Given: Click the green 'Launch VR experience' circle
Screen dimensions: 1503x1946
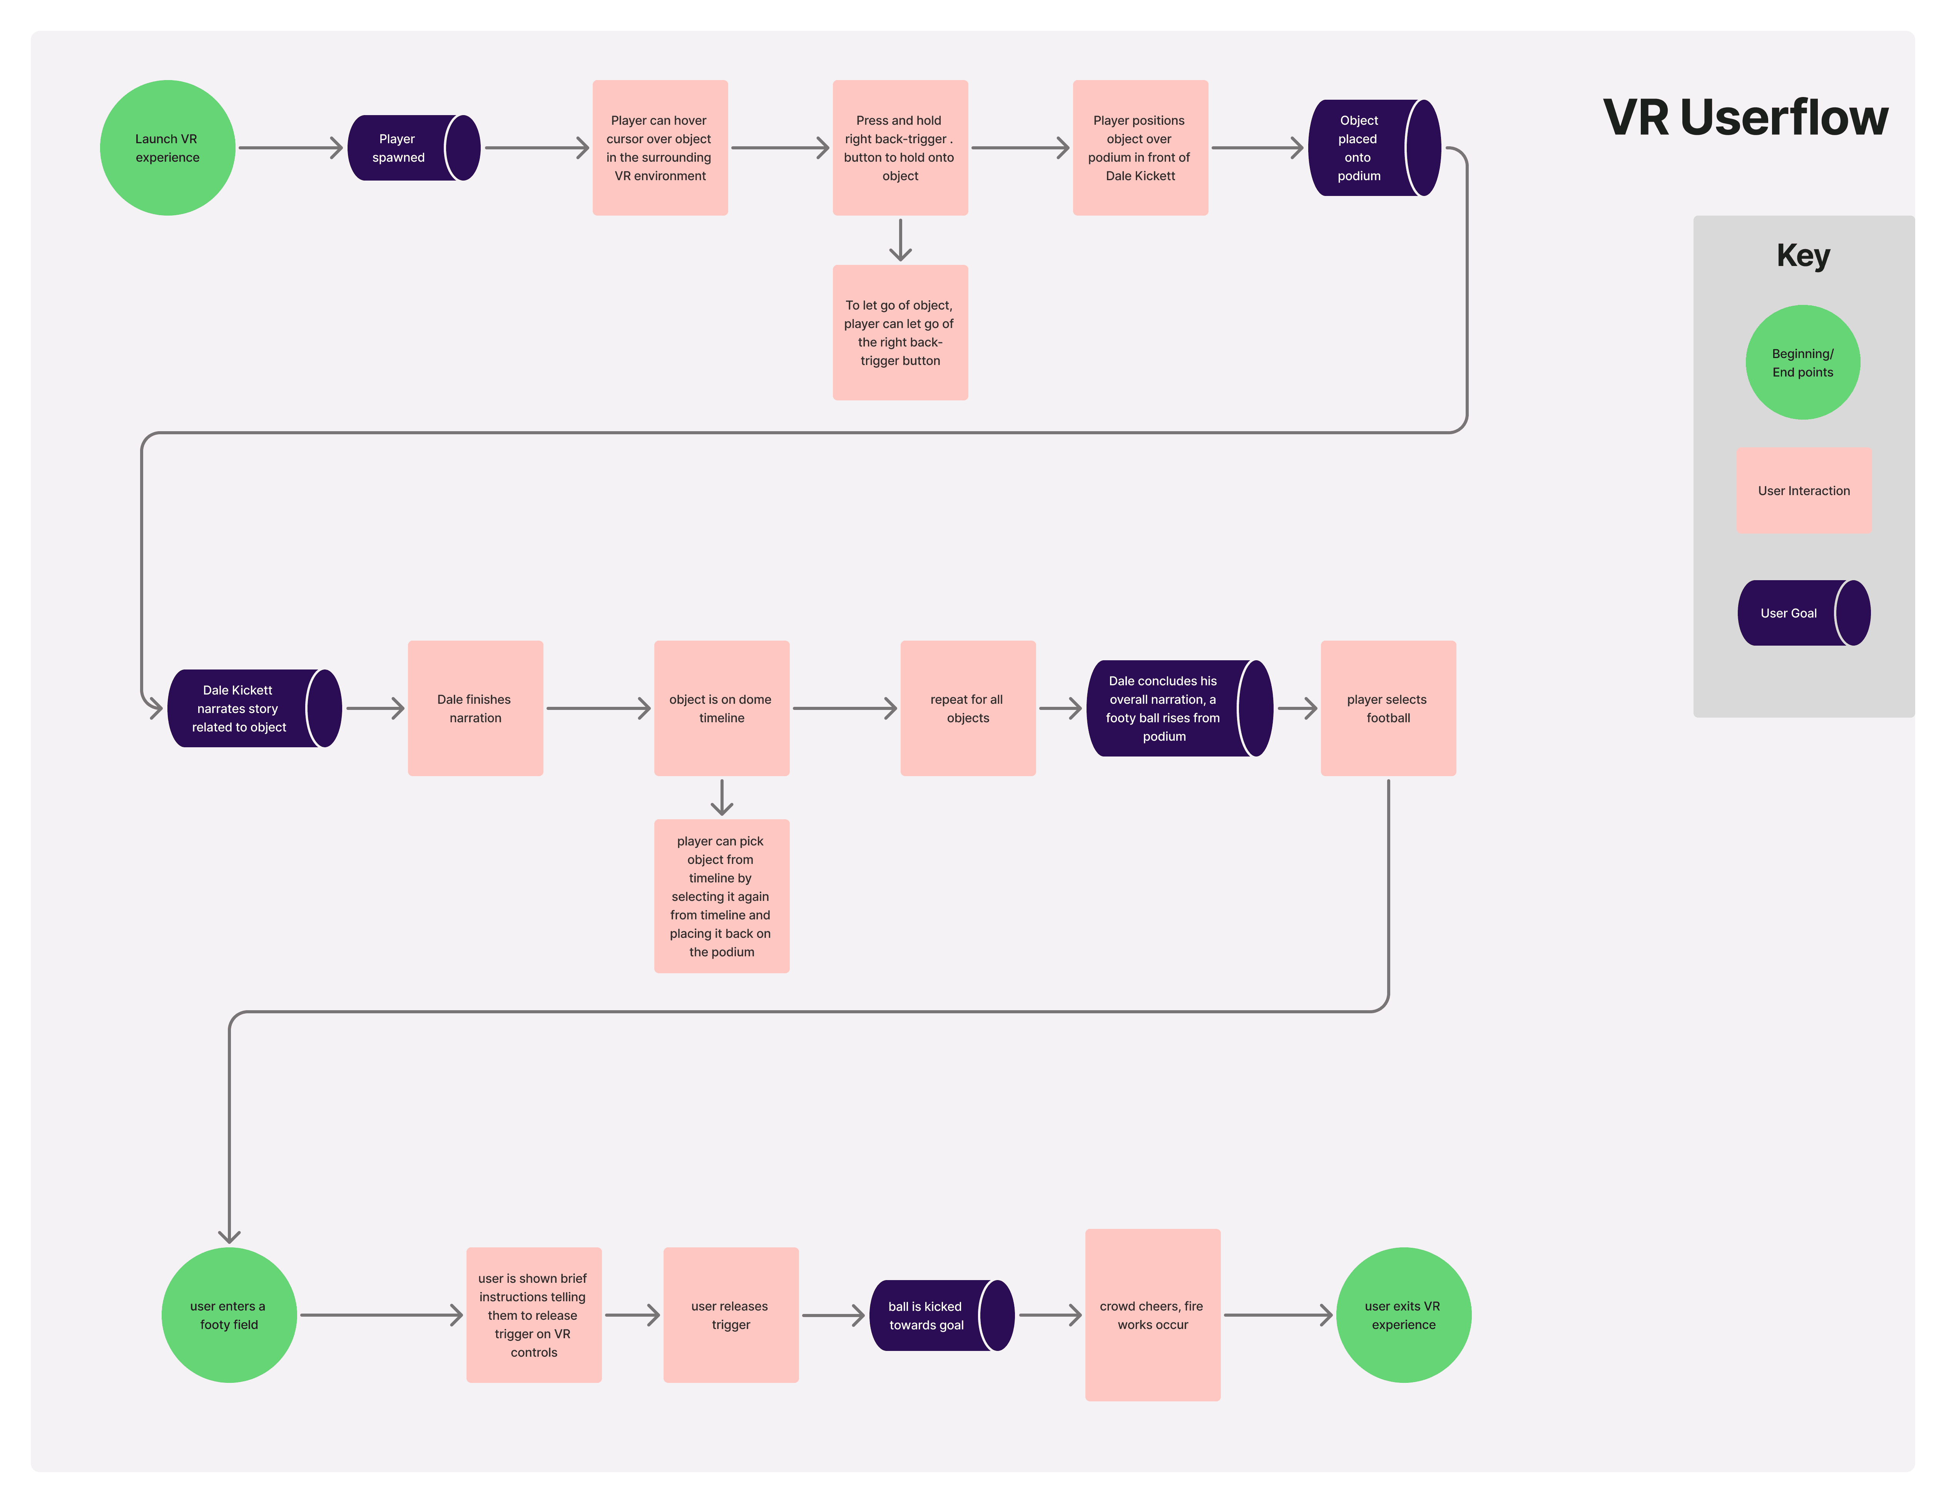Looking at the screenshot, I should [167, 148].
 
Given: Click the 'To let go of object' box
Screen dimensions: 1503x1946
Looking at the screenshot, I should [900, 333].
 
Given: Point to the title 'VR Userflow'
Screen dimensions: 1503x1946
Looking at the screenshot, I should [1745, 118].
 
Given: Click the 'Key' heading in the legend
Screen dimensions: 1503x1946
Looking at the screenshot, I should [1802, 256].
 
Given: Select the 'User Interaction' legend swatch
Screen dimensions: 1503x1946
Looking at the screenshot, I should [1804, 490].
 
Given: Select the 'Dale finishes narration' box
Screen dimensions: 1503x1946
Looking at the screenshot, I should [475, 709].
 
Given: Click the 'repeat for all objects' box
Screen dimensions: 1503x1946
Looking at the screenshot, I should [968, 709].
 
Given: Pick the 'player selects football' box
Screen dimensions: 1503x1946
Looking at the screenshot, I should [1387, 709].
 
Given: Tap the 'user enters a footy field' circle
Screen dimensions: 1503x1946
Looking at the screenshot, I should [229, 1315].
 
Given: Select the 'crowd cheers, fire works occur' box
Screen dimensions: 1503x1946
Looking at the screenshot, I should [1152, 1315].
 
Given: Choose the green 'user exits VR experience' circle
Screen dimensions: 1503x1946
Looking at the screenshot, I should [1403, 1315].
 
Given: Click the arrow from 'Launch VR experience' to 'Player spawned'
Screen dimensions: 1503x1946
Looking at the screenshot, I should [289, 148].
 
